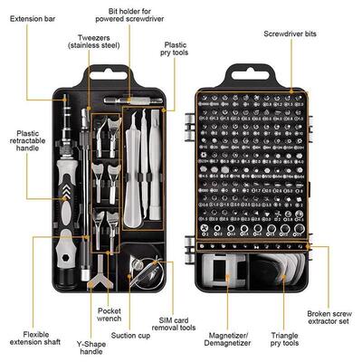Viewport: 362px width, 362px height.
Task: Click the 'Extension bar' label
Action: pos(33,17)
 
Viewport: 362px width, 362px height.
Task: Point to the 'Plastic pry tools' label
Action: pos(175,48)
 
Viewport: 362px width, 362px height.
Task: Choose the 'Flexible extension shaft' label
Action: pos(30,339)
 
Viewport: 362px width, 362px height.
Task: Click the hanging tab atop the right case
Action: pos(247,72)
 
